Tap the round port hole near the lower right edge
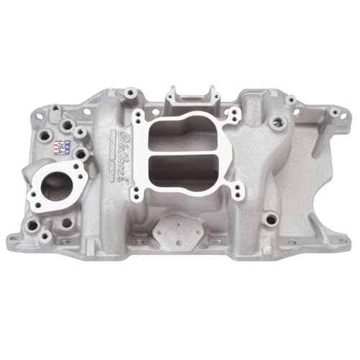[269, 215]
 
